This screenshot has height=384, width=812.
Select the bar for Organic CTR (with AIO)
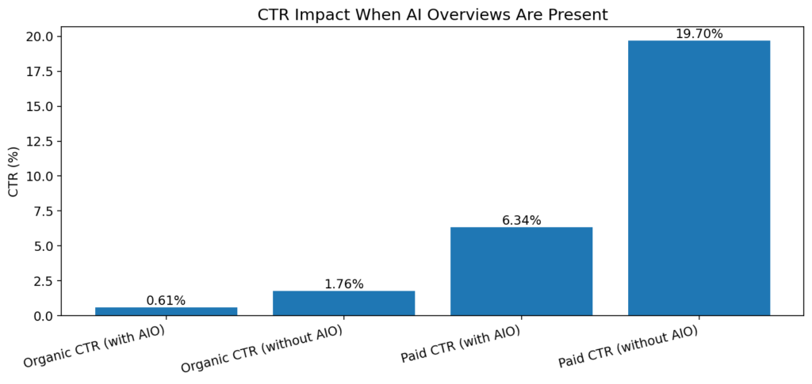[x=166, y=311]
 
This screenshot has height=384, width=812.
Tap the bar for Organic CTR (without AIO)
[x=343, y=303]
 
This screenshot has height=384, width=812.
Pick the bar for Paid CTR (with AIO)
[x=521, y=272]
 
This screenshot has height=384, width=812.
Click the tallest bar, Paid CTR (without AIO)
[x=699, y=178]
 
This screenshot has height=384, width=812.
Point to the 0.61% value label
[x=166, y=301]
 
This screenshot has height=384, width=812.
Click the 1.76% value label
[x=343, y=284]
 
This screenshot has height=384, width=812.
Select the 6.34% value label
[x=521, y=221]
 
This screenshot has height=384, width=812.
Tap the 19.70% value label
[x=699, y=34]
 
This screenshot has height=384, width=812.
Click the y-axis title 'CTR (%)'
[x=13, y=171]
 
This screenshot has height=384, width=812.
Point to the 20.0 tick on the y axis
[x=40, y=36]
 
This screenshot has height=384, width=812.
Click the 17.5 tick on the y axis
[x=40, y=71]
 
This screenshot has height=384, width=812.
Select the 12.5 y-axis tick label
[x=40, y=141]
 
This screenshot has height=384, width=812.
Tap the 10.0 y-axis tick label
[x=40, y=176]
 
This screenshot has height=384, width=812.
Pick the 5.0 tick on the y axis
[x=43, y=246]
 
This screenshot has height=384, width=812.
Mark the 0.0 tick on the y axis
[x=43, y=316]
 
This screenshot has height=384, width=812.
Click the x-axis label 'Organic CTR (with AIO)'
[x=95, y=346]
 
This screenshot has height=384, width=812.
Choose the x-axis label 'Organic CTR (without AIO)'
[x=262, y=349]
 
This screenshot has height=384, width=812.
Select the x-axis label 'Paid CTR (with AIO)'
[x=461, y=344]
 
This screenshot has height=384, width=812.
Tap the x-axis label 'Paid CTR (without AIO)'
[x=628, y=347]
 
